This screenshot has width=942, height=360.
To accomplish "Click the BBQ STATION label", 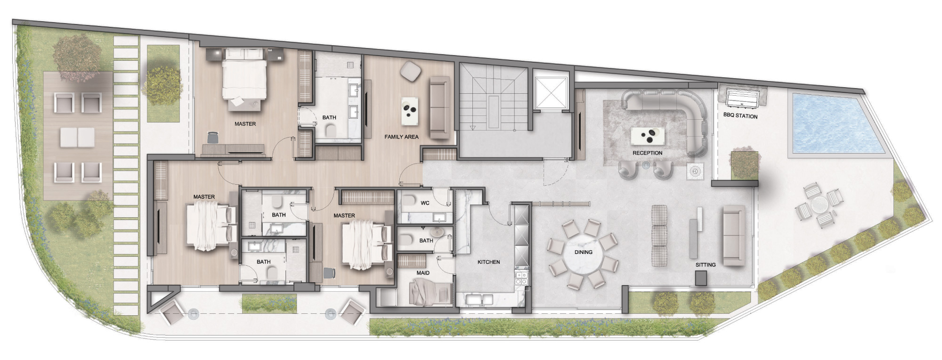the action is pos(740,116).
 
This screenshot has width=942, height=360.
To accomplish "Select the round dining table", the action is pos(583,253).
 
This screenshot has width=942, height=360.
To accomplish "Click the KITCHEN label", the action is pos(488,262).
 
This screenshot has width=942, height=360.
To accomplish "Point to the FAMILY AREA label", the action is pos(401,137).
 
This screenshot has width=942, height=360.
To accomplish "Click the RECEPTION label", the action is pos(647,153).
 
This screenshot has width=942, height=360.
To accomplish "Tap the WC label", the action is pos(425,204).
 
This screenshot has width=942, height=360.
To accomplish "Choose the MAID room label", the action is pos(423,273).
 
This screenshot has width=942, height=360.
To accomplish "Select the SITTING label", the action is pos(706,265).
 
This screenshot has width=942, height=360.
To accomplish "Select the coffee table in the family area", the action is pos(411,111).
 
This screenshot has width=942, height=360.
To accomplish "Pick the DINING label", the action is pos(583,252).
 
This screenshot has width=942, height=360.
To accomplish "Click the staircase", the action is pos(493,97).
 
